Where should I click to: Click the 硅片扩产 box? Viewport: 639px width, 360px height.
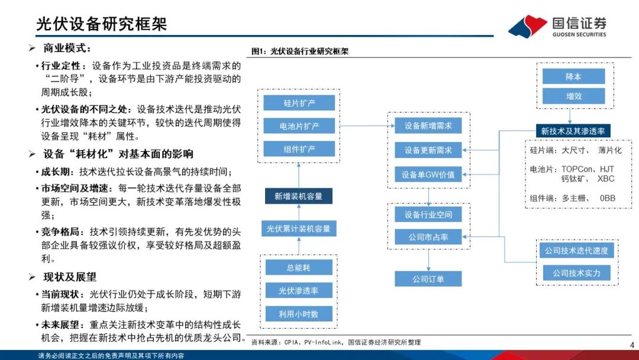pos(299,102)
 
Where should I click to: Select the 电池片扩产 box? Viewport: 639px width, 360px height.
pos(299,126)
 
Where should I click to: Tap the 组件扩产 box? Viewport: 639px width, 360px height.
pos(299,149)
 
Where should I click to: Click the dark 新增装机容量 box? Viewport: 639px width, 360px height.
pos(298,196)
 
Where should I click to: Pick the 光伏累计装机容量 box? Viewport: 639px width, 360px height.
pos(298,228)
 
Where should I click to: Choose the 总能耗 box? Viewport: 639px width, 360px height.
pos(298,268)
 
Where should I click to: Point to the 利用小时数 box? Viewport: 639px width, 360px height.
pos(298,314)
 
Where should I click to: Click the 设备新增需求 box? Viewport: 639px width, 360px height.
pos(428,126)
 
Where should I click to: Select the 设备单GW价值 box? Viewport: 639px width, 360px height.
pos(428,174)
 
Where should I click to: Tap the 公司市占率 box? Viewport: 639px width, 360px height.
pos(428,237)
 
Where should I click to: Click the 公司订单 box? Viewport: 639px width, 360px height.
pos(428,278)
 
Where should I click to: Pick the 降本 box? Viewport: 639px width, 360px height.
pos(573,76)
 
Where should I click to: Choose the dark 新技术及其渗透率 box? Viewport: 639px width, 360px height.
pos(573,131)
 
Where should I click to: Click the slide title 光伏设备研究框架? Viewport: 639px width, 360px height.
pos(102,23)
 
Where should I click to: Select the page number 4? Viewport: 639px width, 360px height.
pos(631,346)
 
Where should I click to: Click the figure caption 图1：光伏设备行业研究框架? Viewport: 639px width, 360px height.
pos(300,52)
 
